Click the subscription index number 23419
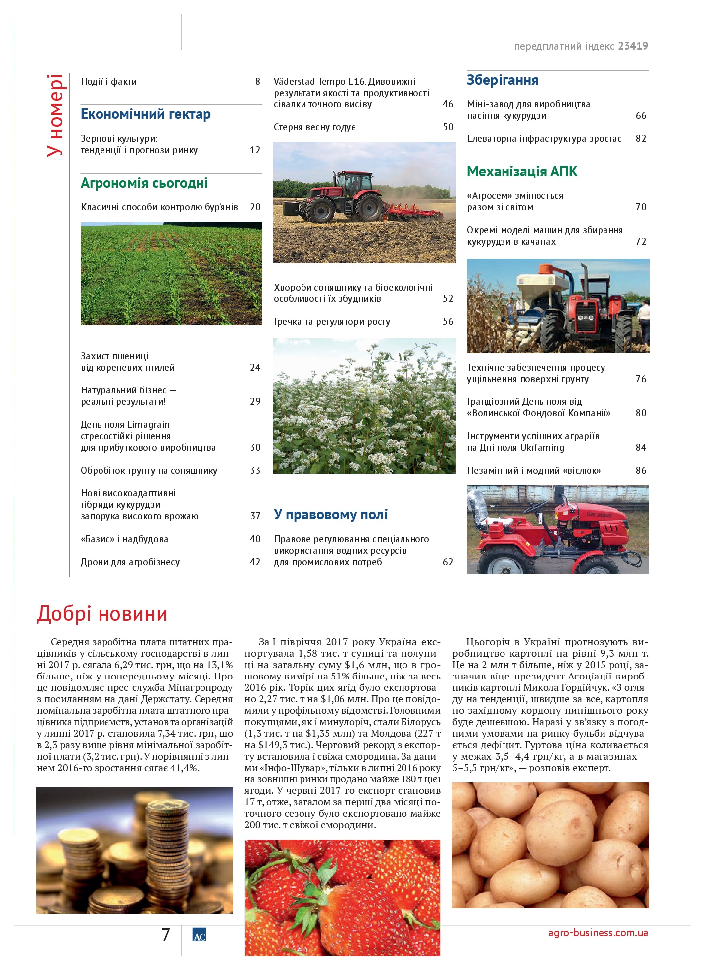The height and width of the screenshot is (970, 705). (x=633, y=46)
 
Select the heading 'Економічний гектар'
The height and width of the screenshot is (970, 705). (x=146, y=114)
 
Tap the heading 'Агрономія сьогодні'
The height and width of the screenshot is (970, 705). (x=144, y=183)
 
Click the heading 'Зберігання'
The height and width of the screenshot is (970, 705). (x=503, y=80)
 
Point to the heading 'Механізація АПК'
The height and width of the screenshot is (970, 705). (x=522, y=172)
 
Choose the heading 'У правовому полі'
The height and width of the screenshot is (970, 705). (x=331, y=515)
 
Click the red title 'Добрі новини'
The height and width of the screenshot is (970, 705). (x=102, y=614)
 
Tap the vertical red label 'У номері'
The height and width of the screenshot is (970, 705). (x=55, y=115)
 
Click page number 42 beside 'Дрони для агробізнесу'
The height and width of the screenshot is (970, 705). (x=255, y=562)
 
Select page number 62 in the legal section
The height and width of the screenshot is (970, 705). (x=448, y=562)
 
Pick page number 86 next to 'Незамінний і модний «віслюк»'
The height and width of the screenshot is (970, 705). (x=641, y=471)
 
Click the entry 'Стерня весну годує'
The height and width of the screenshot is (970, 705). (x=314, y=127)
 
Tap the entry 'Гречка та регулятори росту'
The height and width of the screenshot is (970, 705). (x=332, y=322)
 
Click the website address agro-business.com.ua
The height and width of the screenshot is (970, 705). (x=598, y=933)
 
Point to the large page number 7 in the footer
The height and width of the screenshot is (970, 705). (x=166, y=935)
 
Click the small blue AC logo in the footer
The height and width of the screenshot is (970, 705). (x=199, y=936)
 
